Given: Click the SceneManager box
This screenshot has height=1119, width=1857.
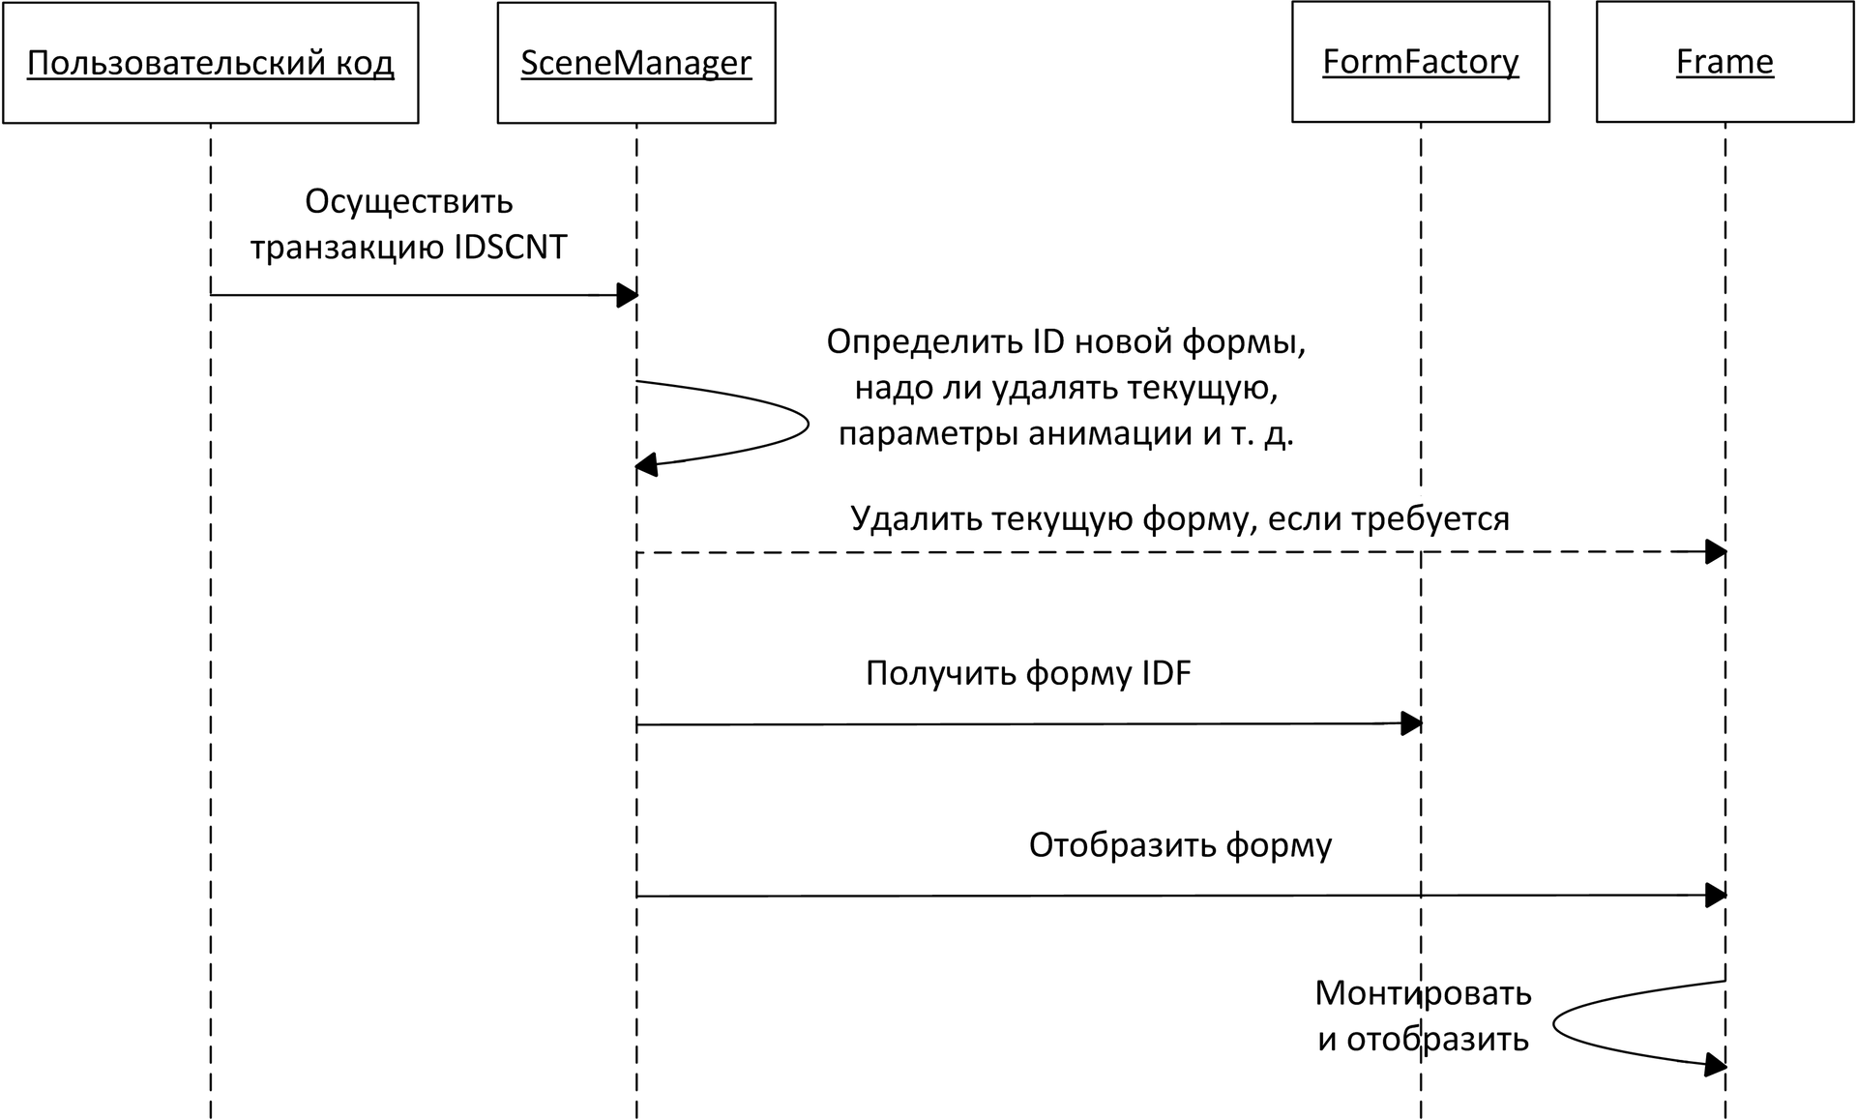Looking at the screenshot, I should click(x=636, y=63).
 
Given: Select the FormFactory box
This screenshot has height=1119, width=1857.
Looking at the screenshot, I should click(x=1420, y=62).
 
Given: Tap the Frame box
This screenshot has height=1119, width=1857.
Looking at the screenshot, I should click(x=1724, y=62).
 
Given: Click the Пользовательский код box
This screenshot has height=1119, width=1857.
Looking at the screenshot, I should click(x=210, y=63).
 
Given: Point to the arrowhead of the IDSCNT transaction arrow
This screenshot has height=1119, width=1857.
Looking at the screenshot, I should click(x=627, y=295).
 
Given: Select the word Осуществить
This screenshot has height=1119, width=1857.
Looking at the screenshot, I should click(x=408, y=201).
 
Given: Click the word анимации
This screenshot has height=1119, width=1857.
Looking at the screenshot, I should click(x=1109, y=432).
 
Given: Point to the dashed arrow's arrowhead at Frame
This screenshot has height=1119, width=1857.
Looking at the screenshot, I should click(x=1716, y=552).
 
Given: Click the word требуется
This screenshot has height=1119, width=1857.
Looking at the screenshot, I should click(x=1430, y=518).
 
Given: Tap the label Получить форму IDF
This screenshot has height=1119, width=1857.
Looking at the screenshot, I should click(x=1027, y=672).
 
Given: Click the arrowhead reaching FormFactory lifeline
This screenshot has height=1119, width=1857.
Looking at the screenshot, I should click(x=1411, y=723).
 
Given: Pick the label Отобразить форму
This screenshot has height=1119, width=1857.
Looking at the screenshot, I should click(x=1179, y=844).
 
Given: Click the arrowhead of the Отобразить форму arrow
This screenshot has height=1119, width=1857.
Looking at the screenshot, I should click(x=1716, y=896).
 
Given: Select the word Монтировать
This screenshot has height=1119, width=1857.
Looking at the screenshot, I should click(x=1422, y=992).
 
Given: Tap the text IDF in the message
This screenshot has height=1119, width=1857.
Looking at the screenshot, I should click(x=1166, y=672).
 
